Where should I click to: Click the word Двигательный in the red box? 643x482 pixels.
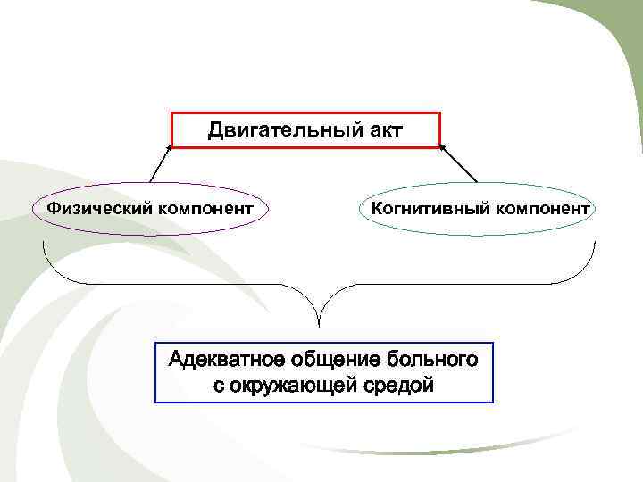tap(283, 131)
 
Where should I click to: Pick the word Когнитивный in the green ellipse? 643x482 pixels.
tap(421, 209)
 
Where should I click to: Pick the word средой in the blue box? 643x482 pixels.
tap(401, 386)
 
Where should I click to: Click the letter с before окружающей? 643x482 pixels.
tap(218, 386)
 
